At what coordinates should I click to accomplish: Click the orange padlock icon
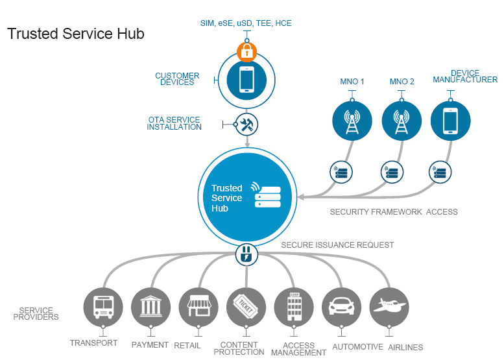[246, 51]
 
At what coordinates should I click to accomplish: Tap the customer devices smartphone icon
[246, 80]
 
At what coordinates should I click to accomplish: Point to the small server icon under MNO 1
[341, 173]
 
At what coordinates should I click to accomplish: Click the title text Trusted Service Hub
[76, 34]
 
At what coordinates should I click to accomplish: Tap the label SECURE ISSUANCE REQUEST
[337, 245]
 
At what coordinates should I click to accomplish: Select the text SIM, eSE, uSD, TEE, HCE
[246, 23]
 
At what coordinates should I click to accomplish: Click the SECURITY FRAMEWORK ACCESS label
[394, 212]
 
